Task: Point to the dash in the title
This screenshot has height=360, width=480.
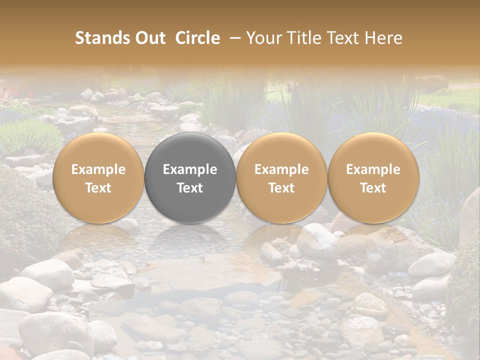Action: coord(233,38)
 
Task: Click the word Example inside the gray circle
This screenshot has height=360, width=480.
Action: coord(190,170)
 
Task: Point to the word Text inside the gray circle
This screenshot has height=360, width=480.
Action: coord(190,188)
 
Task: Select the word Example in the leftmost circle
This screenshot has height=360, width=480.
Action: coord(98,170)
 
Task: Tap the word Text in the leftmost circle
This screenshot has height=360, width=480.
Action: coord(98,188)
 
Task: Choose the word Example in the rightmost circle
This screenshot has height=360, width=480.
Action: coord(373,170)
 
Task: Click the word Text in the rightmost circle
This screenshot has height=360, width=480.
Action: coord(373,188)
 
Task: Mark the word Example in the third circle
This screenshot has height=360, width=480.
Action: coord(281,170)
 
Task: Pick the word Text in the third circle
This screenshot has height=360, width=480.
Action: coord(281,188)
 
